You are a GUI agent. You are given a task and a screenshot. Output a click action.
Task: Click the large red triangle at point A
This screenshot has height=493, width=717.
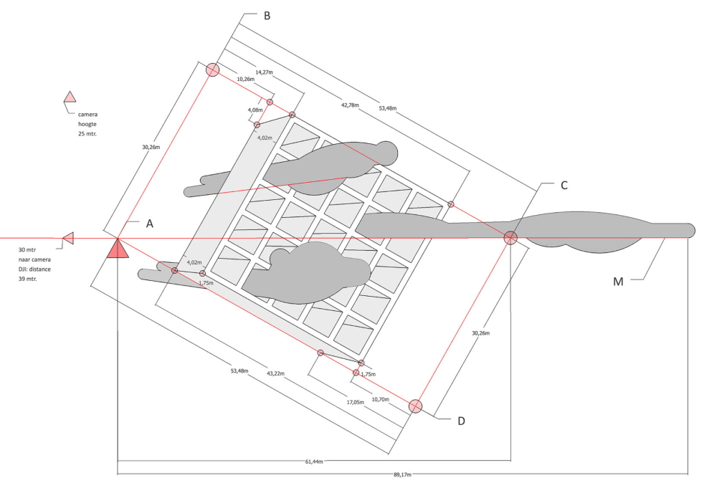118,248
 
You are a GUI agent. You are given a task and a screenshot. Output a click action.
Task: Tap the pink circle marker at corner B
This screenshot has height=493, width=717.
213,70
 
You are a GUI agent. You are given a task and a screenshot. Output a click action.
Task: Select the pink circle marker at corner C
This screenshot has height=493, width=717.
511,238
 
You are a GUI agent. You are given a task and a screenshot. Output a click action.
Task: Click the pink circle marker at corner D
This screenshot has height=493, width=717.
416,406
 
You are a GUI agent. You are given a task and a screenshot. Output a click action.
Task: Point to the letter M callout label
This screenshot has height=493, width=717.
618,282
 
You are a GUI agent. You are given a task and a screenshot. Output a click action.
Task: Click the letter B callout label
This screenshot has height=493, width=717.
267,14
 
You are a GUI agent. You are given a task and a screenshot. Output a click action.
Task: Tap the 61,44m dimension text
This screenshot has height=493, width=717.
313,462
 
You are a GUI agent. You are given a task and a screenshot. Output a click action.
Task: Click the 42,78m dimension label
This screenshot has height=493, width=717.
350,105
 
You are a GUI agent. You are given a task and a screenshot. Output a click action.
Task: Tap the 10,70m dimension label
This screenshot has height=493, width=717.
381,398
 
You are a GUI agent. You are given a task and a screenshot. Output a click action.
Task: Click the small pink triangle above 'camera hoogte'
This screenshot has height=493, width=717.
70,97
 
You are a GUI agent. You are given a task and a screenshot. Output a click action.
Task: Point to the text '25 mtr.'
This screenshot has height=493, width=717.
87,134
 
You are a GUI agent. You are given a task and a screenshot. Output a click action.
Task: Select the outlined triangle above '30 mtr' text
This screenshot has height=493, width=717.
68,238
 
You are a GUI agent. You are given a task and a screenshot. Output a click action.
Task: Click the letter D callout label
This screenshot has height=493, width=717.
461,421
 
